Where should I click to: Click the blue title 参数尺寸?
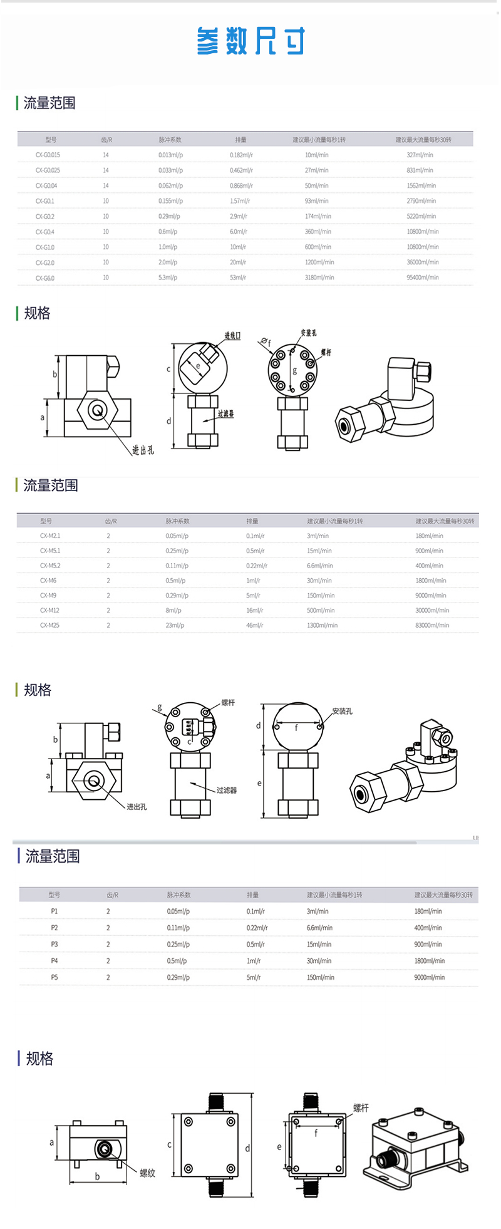point(250,41)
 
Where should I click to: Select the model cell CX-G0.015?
point(48,155)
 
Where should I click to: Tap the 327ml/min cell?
point(420,155)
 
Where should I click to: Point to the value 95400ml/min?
point(423,277)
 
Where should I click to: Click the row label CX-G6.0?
point(45,278)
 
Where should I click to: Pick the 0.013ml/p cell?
point(170,155)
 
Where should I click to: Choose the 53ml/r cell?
point(238,277)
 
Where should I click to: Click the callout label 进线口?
point(232,336)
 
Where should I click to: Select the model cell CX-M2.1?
point(50,536)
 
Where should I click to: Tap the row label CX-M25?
point(49,625)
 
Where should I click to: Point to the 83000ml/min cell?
point(431,625)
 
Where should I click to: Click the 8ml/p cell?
point(173,610)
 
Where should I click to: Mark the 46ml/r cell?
point(254,625)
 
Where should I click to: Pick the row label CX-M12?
point(49,610)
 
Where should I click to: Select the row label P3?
point(54,944)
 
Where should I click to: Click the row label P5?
point(54,977)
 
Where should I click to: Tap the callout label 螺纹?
point(147,1173)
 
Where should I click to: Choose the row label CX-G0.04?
point(46,185)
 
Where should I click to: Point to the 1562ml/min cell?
point(421,185)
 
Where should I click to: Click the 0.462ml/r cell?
point(241,170)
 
